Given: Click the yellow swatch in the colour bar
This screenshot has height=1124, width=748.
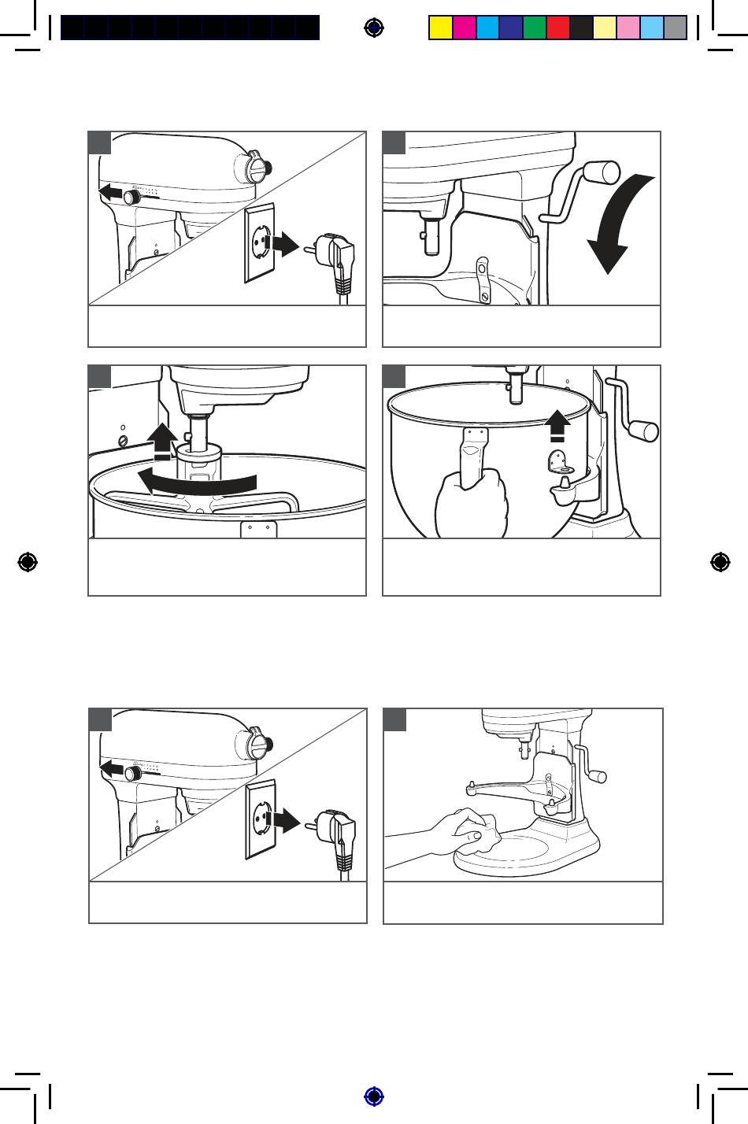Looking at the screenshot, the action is coord(440,28).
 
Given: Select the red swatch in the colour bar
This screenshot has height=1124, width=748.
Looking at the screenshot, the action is coord(557,28).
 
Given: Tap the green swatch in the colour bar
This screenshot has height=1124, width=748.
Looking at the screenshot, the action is coord(534,28).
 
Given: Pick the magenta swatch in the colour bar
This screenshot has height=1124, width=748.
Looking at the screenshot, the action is coord(464,28).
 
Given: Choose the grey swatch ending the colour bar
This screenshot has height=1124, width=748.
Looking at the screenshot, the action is coord(676,28).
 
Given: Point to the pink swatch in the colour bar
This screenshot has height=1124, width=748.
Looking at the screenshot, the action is coord(628,28).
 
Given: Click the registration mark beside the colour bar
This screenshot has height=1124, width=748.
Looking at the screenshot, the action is coord(375,28).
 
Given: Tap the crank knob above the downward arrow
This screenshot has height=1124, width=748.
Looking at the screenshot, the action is coord(604,172).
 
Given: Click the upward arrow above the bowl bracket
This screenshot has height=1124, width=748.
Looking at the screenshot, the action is coord(557,424).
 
